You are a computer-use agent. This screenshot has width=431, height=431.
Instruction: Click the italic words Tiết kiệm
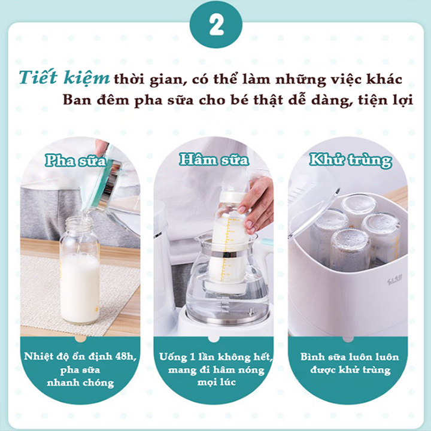[63, 78]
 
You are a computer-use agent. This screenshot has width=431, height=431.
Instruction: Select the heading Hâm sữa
[214, 160]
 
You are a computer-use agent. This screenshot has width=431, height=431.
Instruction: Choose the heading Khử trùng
[350, 160]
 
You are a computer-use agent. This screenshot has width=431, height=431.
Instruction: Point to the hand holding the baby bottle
[256, 203]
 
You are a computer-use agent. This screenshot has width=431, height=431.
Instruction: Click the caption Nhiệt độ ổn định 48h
[81, 356]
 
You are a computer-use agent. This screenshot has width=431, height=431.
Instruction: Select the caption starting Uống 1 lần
[215, 357]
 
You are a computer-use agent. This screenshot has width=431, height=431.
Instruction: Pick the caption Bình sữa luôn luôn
[350, 357]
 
